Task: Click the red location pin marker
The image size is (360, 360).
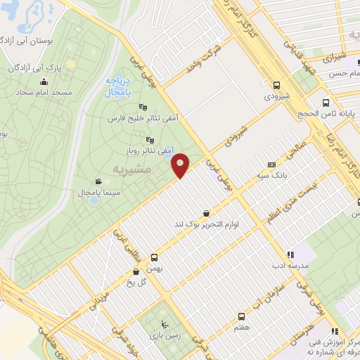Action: (181, 165)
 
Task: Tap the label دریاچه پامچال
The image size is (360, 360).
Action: (106, 86)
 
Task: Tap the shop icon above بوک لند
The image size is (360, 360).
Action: (205, 213)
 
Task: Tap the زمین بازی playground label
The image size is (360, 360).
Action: (172, 335)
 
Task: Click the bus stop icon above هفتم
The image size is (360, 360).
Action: (241, 316)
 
